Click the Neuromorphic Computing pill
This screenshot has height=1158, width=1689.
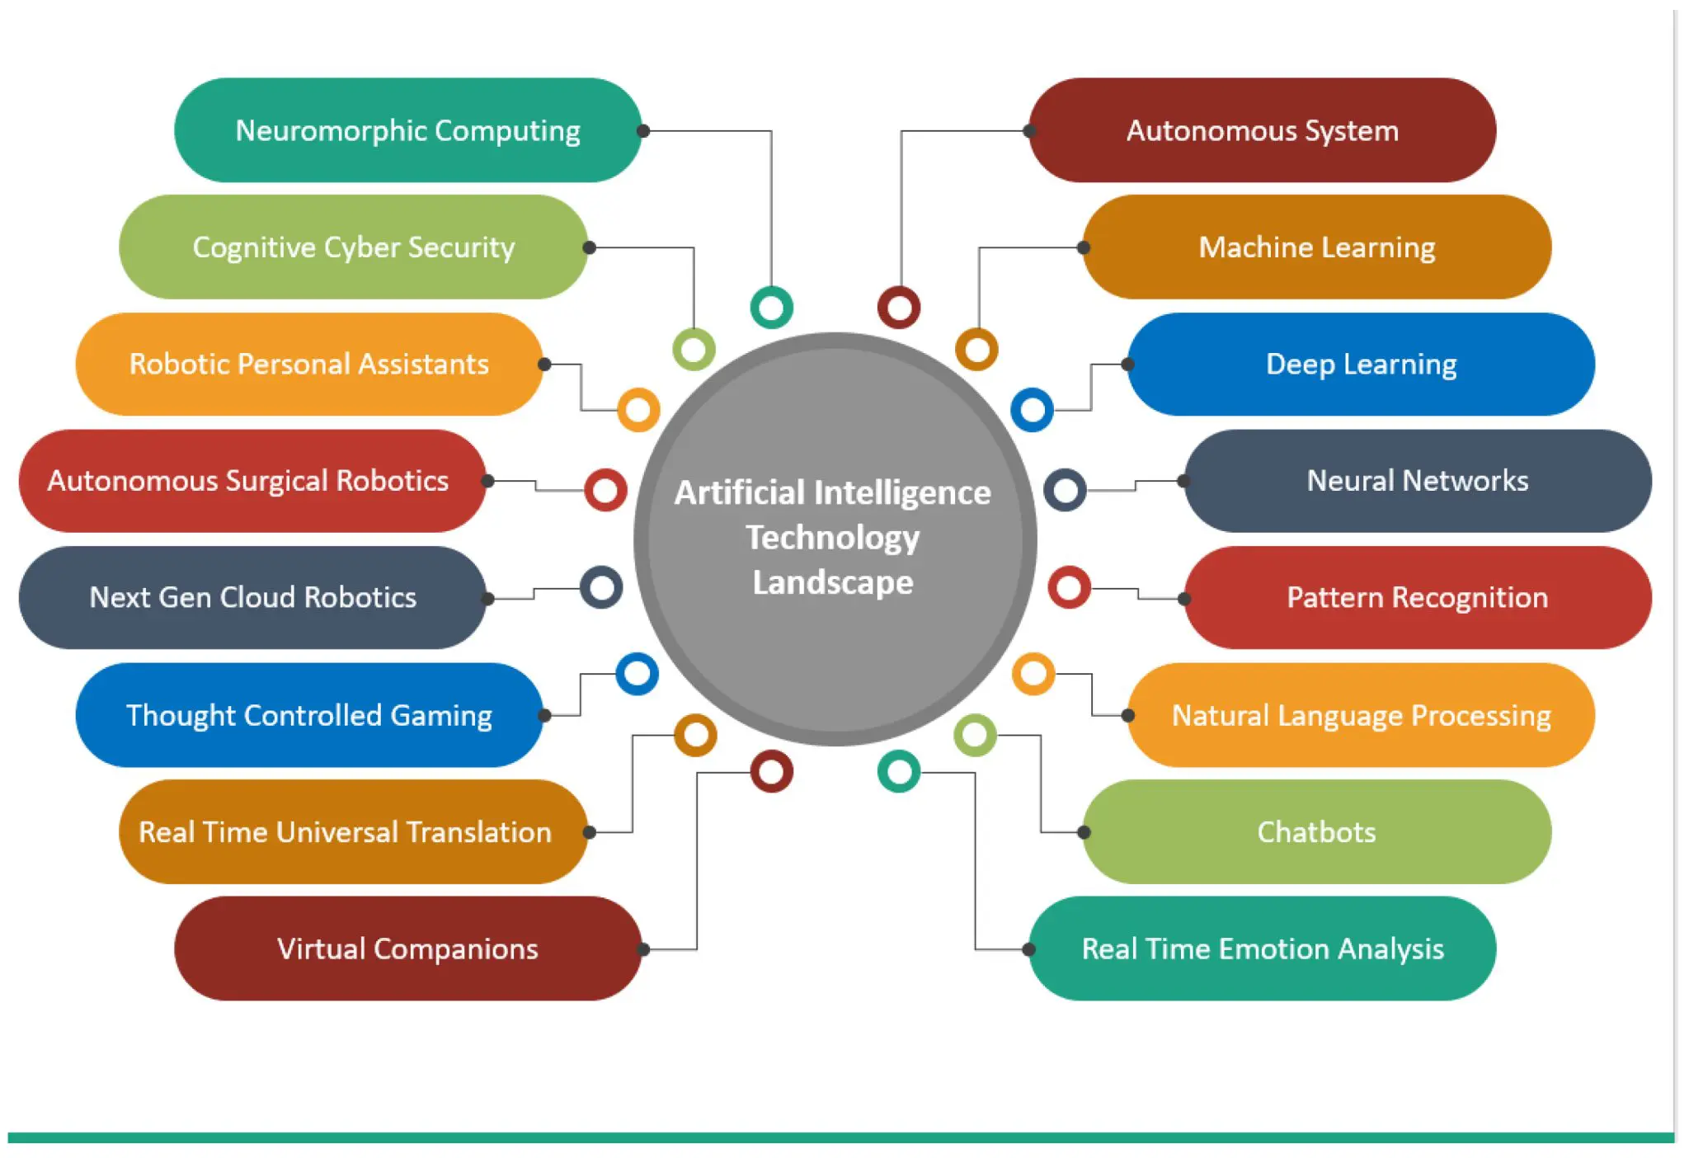407,130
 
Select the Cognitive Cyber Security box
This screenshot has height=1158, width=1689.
353,247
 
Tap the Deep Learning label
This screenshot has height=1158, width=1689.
1361,364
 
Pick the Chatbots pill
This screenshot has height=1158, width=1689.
1316,832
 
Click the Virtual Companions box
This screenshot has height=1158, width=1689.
407,949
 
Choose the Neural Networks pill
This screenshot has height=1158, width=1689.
1417,481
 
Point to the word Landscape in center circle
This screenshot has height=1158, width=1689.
833,582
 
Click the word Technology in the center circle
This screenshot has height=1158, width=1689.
833,538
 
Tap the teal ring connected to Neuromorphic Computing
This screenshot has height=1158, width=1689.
771,308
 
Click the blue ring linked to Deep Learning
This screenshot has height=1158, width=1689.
1032,409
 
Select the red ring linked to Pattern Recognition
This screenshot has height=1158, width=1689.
1069,587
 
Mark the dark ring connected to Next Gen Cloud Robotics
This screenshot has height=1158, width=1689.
601,587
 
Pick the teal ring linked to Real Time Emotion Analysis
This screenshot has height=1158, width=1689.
898,772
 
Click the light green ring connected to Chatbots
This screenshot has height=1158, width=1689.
975,735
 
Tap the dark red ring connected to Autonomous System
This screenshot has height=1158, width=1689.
899,308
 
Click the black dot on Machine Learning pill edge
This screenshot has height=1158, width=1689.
1084,247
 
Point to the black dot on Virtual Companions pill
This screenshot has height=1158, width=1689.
643,949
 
